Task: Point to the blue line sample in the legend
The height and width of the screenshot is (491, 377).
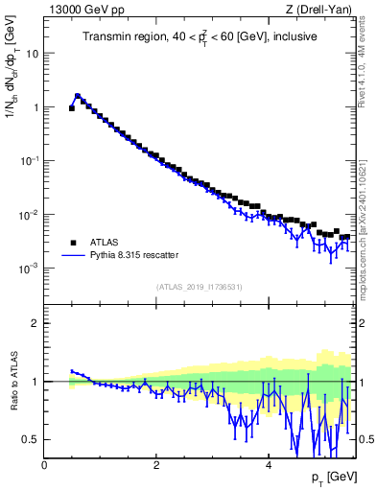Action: coord(73,256)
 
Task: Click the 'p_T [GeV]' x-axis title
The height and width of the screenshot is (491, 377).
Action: coord(331,477)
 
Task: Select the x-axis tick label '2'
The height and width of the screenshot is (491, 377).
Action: coord(156,464)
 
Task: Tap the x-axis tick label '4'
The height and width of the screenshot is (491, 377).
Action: coord(268,464)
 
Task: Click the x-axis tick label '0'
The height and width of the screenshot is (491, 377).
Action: coord(45,464)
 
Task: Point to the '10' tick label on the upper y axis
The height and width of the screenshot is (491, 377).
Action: coord(31,54)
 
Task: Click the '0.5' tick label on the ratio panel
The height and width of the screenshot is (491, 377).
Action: coord(29,439)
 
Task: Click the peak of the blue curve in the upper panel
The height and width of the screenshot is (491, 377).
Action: coord(78,96)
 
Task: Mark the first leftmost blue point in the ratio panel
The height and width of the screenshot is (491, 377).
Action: coord(72,371)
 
